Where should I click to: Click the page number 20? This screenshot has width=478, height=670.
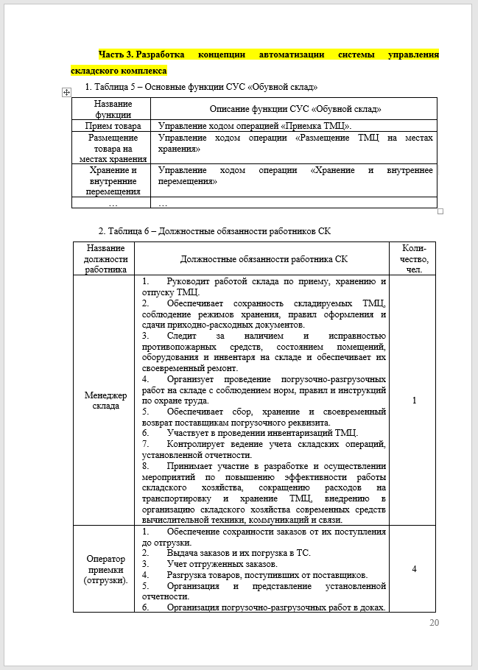434,623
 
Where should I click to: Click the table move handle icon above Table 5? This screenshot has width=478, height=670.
67,91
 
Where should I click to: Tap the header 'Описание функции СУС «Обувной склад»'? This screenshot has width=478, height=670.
295,109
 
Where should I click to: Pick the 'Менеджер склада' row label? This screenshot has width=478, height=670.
103,401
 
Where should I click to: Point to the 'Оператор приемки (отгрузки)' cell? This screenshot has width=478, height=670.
103,568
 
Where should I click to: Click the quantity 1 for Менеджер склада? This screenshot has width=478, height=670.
415,401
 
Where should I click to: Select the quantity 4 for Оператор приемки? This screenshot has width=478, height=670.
415,568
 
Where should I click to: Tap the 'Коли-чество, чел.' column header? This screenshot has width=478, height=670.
415,258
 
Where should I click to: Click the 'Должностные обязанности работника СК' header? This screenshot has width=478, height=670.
264,258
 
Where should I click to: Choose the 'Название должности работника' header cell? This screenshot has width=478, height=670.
104,258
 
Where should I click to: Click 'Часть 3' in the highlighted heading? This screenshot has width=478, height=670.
116,54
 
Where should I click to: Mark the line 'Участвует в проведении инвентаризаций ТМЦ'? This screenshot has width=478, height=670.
262,432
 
